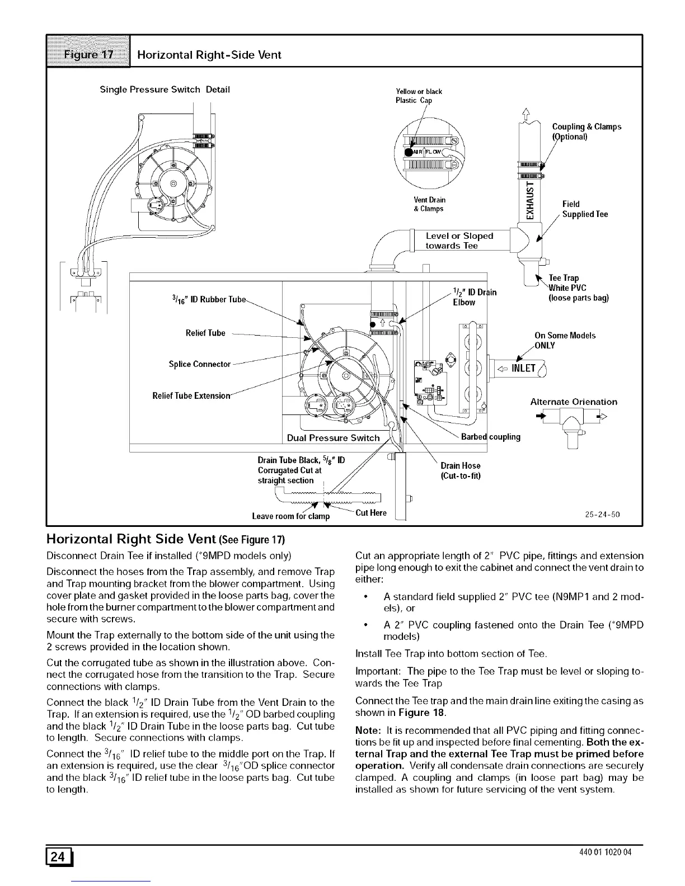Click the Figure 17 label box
88,54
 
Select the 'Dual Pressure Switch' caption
333,437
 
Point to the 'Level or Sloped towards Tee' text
459,241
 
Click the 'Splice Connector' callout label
200,364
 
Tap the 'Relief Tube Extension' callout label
193,397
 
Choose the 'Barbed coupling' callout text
490,437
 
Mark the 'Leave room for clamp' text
291,516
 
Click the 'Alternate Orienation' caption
574,402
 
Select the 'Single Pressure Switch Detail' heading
165,89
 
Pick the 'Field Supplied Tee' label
585,209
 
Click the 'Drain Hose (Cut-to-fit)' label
460,470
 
